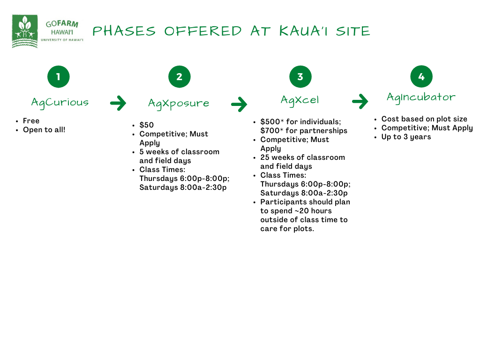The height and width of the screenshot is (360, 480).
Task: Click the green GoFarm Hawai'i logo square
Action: pyautogui.click(x=25, y=31)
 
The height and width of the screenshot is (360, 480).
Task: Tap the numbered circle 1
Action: pyautogui.click(x=59, y=76)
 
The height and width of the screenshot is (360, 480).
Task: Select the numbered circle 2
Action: pyautogui.click(x=180, y=76)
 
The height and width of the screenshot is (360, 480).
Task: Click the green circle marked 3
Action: pyautogui.click(x=300, y=76)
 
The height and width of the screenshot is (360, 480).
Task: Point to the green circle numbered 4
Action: pyautogui.click(x=421, y=76)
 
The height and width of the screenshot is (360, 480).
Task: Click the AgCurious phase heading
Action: pyautogui.click(x=60, y=103)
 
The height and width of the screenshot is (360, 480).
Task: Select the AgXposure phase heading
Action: pyautogui.click(x=179, y=104)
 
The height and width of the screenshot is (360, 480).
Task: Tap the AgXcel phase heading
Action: pyautogui.click(x=300, y=100)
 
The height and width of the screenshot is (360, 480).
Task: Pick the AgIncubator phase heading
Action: pyautogui.click(x=421, y=97)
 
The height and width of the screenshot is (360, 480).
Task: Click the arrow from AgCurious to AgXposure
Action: pyautogui.click(x=118, y=103)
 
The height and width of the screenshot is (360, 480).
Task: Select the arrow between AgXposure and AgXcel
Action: pyautogui.click(x=239, y=105)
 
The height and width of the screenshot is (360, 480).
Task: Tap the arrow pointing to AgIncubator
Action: pyautogui.click(x=360, y=101)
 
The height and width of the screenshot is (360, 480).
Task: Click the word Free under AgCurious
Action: pyautogui.click(x=31, y=121)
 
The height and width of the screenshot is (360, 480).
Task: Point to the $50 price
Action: pyautogui.click(x=147, y=125)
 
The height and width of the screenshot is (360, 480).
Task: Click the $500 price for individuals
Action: pyautogui.click(x=270, y=121)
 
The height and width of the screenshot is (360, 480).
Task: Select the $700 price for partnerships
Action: pyautogui.click(x=270, y=131)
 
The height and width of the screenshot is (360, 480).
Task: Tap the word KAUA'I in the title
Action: pyautogui.click(x=303, y=31)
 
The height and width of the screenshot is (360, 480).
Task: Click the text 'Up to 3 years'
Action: pyautogui.click(x=406, y=137)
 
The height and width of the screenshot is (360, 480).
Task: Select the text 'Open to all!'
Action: pyautogui.click(x=44, y=130)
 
